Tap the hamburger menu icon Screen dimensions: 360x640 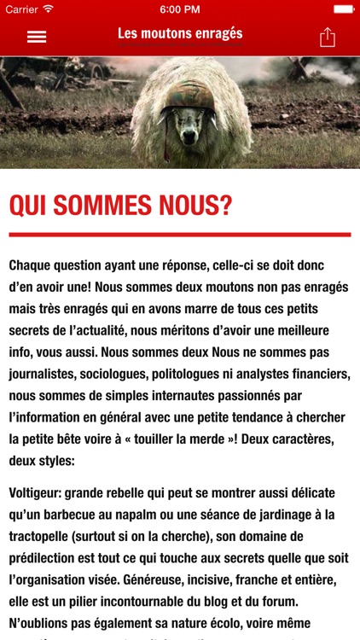tap(37, 38)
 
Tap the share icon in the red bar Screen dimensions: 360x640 tap(327, 37)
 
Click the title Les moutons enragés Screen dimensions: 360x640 tap(180, 34)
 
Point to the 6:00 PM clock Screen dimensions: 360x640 tap(179, 9)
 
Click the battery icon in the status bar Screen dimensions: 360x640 tap(343, 9)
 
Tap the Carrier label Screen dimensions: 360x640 tap(22, 9)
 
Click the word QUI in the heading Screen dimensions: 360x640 tap(32, 206)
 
